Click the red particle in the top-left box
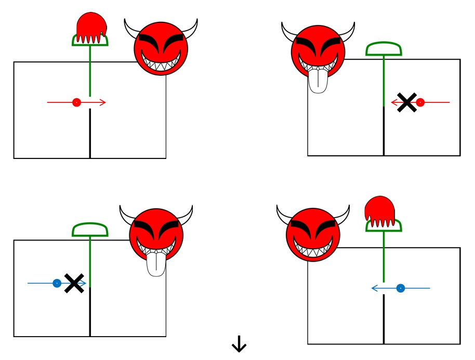pos(76,102)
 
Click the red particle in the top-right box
pos(420,102)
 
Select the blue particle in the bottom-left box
pos(57,283)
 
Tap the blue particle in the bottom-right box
pos(400,288)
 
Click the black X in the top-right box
pos(407,102)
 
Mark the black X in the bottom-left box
pos(74,283)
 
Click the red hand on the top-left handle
pos(91,27)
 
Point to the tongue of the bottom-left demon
pos(156,264)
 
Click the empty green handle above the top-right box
pos(384,49)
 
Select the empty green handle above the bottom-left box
pos(90,230)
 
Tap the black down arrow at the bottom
pos(239,344)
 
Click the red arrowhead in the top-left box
pos(102,102)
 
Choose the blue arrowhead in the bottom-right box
pos(375,288)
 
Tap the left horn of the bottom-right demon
pos(284,213)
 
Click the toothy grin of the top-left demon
pos(161,62)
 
